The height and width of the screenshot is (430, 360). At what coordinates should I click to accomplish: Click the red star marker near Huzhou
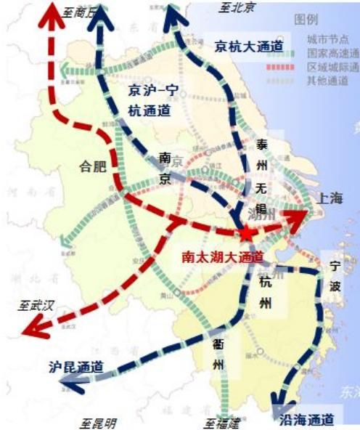247,232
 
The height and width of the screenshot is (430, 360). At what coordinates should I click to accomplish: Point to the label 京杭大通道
248,46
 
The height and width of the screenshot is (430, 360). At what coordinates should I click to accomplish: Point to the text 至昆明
98,423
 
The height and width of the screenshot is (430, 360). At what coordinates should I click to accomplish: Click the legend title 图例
306,19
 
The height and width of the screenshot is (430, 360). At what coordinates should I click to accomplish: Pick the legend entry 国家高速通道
333,53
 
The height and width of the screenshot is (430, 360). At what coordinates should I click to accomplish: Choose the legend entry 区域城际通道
333,67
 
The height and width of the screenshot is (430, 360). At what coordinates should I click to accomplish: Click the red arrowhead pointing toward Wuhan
33,330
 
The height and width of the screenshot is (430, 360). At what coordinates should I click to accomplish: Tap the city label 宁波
335,277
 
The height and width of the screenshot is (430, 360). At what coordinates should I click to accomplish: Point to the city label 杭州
265,293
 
